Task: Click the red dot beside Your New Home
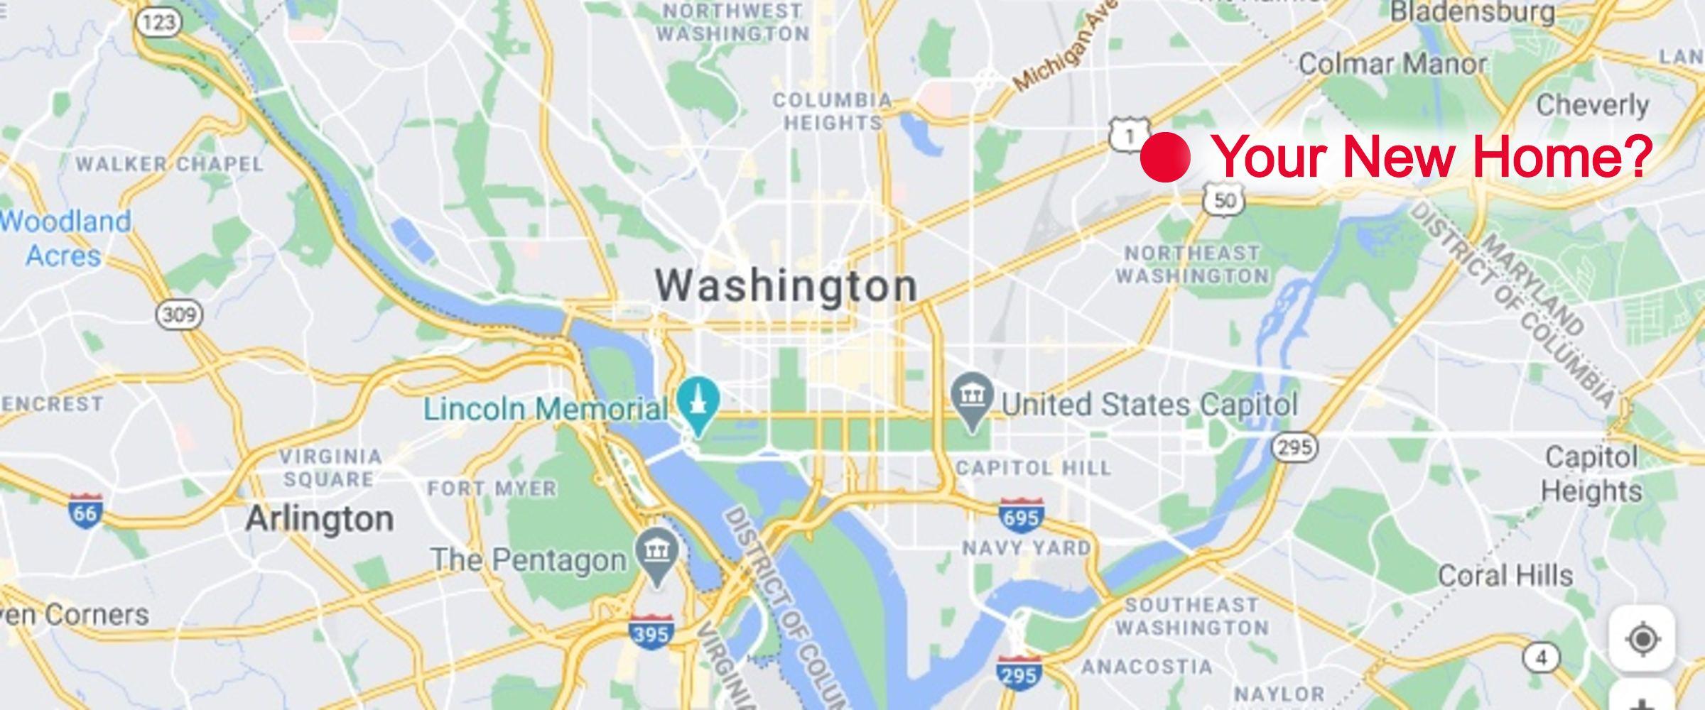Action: tap(1165, 157)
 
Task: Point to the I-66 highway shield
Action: tap(85, 510)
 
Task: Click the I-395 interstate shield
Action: tap(651, 630)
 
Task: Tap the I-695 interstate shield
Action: tap(1021, 515)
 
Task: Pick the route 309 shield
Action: tap(179, 315)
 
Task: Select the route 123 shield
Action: tap(158, 22)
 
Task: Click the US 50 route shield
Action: tap(1224, 199)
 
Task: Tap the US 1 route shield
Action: tap(1130, 133)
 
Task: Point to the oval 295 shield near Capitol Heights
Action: tap(1295, 447)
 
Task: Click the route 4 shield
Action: tap(1540, 658)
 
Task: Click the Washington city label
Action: tap(786, 285)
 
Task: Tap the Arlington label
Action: tap(319, 519)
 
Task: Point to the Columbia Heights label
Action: tap(832, 111)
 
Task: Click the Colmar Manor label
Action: tap(1392, 64)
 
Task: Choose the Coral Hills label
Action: tap(1505, 575)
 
